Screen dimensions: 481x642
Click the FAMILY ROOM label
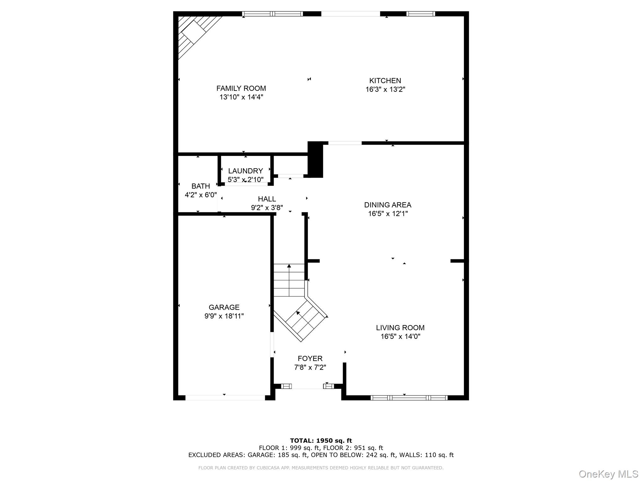(241, 88)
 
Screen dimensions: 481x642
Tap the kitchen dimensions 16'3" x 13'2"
(385, 90)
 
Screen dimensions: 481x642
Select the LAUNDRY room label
(245, 171)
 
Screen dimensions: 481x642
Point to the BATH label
(201, 186)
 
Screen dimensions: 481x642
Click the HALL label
(267, 199)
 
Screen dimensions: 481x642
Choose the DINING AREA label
(387, 205)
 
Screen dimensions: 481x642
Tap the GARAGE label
(224, 307)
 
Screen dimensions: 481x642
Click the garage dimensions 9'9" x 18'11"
(224, 316)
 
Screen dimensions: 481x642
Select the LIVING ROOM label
(400, 328)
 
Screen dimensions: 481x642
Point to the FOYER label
(310, 359)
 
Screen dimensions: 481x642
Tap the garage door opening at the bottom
(225, 398)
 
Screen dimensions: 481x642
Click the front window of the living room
(409, 398)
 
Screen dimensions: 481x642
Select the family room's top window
(272, 14)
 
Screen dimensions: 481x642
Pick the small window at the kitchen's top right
(421, 14)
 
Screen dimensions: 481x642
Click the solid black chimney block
(315, 160)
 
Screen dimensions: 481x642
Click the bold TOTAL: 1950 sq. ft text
(321, 441)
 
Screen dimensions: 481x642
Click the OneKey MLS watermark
(608, 474)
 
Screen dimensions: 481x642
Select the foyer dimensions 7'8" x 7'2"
(310, 367)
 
